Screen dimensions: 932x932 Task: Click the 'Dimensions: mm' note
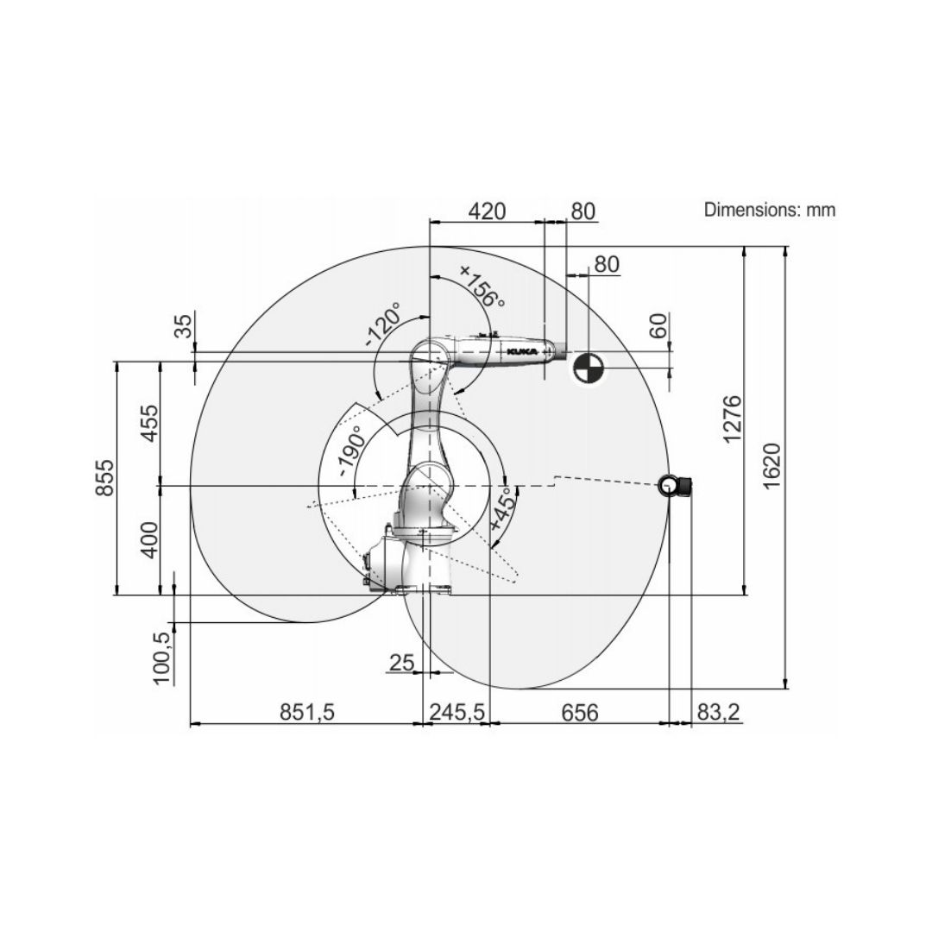pyautogui.click(x=769, y=209)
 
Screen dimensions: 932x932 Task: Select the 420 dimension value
pyautogui.click(x=487, y=211)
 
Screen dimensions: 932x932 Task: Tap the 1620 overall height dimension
pyautogui.click(x=771, y=467)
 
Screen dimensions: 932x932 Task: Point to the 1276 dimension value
pyautogui.click(x=733, y=419)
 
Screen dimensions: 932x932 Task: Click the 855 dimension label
pyautogui.click(x=105, y=477)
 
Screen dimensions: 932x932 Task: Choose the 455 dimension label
pyautogui.click(x=150, y=423)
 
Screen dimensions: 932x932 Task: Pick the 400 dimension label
pyautogui.click(x=150, y=539)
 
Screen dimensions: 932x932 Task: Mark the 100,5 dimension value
pyautogui.click(x=162, y=658)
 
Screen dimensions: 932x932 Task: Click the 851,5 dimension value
pyautogui.click(x=307, y=711)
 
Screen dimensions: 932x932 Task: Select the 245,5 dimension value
pyautogui.click(x=457, y=711)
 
